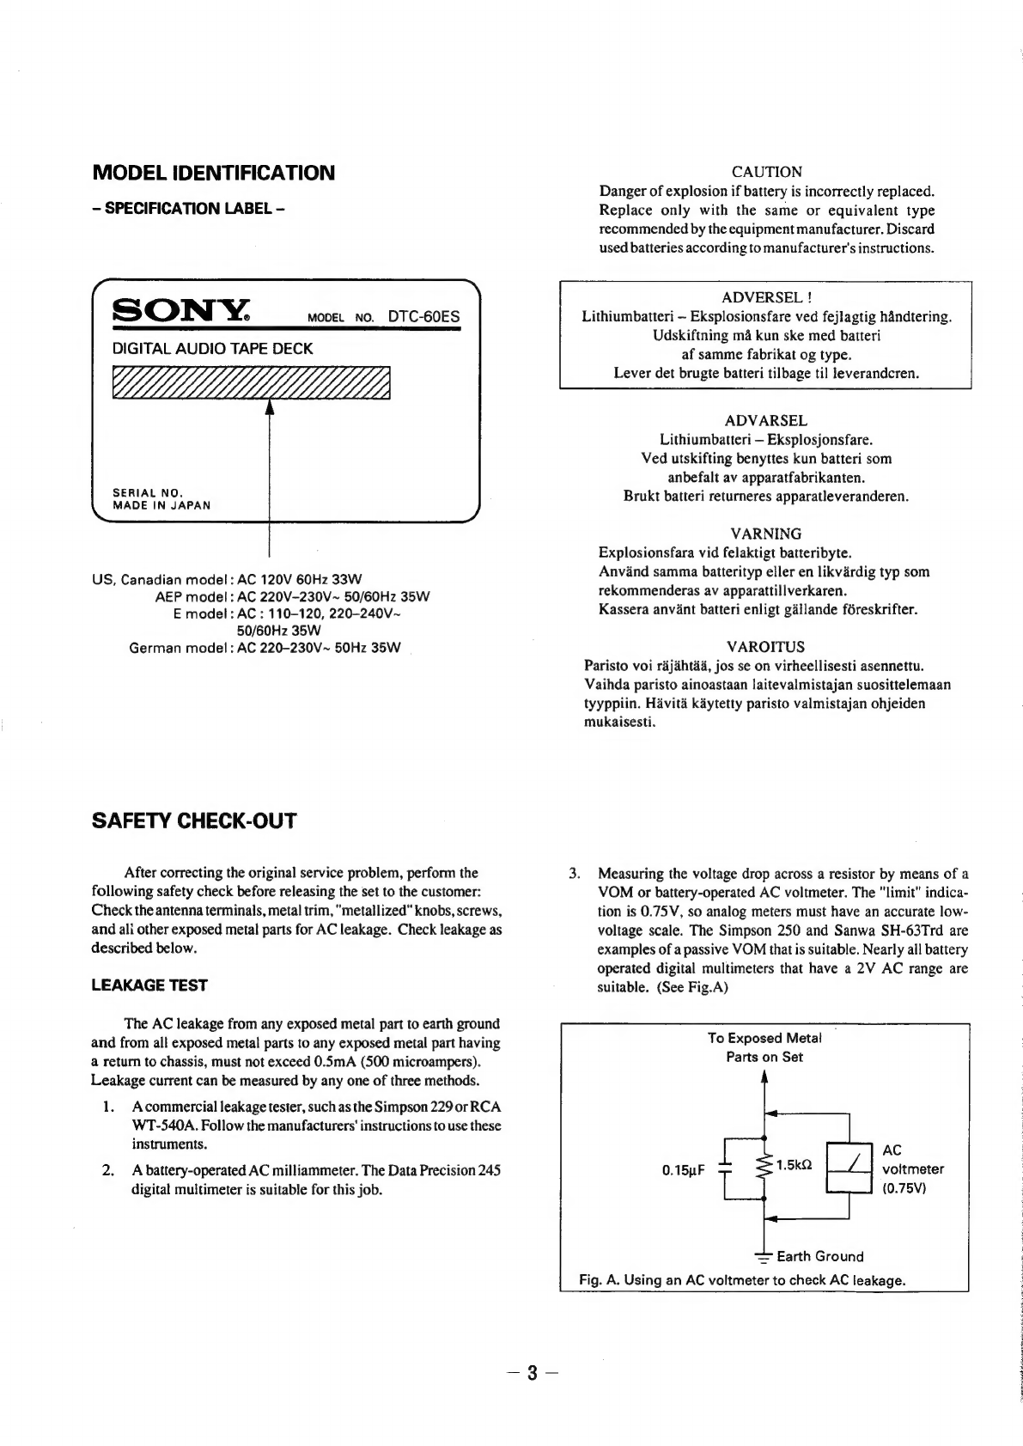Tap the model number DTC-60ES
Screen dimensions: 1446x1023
click(423, 316)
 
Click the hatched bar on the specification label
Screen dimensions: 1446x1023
click(251, 382)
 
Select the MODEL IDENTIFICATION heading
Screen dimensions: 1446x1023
click(213, 173)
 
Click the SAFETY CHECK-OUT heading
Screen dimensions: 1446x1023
click(193, 821)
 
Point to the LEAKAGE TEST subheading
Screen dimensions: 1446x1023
click(149, 985)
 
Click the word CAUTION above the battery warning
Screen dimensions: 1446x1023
click(766, 172)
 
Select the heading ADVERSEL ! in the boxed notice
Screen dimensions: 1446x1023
click(766, 297)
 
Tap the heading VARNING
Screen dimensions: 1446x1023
click(765, 534)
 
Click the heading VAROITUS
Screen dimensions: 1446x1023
click(765, 646)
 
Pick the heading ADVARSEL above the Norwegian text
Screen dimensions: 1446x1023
click(765, 420)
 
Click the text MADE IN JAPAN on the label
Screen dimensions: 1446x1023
click(161, 505)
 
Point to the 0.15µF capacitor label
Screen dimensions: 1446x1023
click(684, 1170)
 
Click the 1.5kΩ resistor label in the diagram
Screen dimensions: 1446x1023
click(795, 1165)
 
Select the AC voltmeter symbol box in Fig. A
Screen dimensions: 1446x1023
click(849, 1167)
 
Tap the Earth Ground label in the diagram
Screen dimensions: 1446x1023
click(819, 1256)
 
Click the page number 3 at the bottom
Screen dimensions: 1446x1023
click(533, 1372)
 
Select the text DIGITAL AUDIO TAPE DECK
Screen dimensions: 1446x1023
click(213, 349)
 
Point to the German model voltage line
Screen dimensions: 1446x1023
click(265, 647)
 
